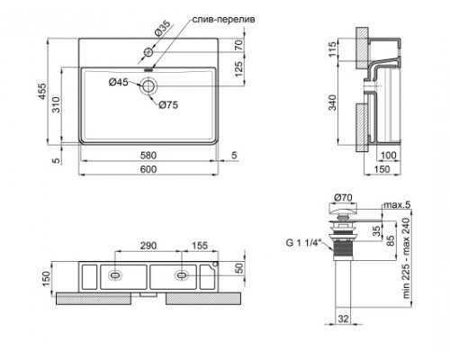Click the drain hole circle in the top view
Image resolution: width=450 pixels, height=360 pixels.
[148, 85]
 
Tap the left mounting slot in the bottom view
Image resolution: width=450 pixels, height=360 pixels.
[115, 275]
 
